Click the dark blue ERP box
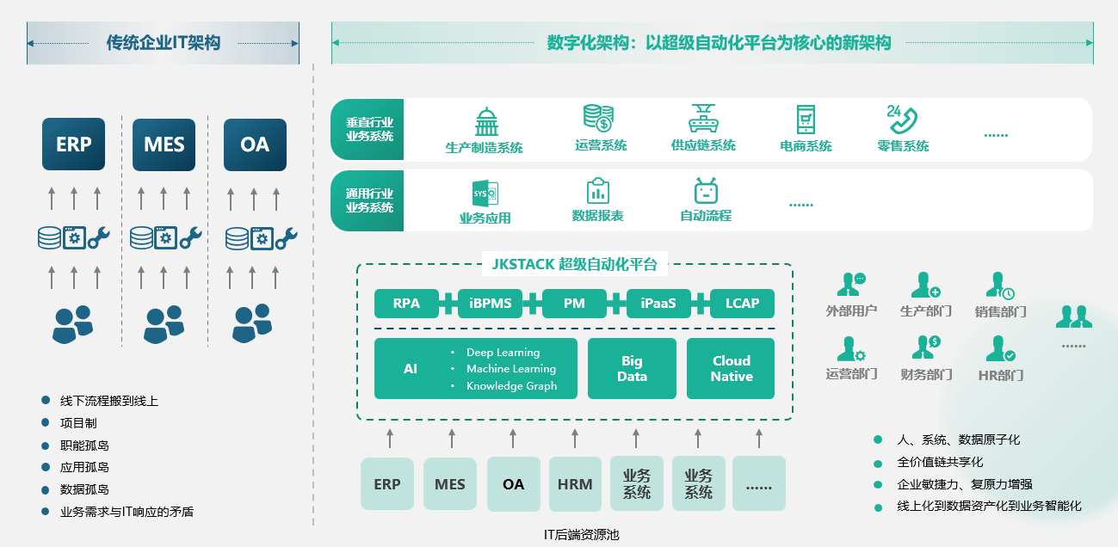click(74, 144)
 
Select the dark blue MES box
click(164, 144)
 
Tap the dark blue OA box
click(255, 144)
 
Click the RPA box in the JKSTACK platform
click(406, 304)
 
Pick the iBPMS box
click(491, 304)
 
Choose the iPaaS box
click(658, 304)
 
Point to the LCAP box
click(742, 304)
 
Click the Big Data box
click(632, 369)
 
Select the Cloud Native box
click(731, 369)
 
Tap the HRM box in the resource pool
click(575, 484)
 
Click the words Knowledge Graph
click(511, 386)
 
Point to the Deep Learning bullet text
click(503, 353)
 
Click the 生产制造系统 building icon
click(486, 121)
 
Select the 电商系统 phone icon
click(806, 120)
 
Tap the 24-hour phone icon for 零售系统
click(901, 119)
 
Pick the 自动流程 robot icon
click(706, 191)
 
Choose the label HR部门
click(1001, 376)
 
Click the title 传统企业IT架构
click(164, 43)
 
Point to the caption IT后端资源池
click(581, 535)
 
